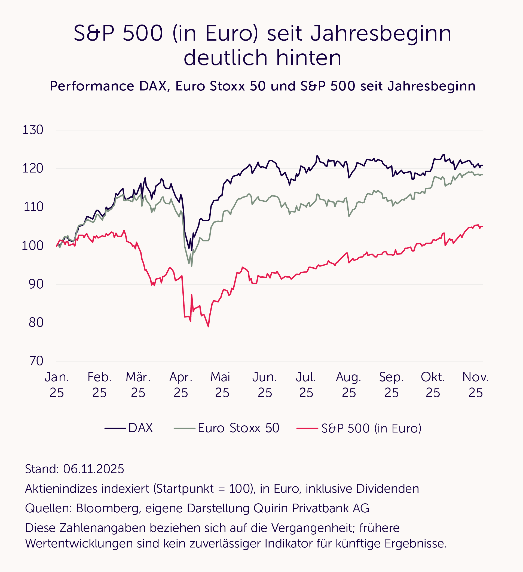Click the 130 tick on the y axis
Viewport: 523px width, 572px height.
coord(33,130)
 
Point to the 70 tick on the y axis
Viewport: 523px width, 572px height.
coord(36,361)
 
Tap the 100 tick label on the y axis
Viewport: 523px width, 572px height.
coord(33,246)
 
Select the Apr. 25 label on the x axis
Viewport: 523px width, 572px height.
coord(181,385)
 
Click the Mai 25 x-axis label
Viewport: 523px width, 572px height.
coord(220,385)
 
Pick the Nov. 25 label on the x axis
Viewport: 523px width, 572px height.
coord(475,385)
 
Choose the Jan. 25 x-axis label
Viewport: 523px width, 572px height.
coord(57,385)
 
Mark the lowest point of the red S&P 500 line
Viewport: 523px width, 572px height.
coord(208,327)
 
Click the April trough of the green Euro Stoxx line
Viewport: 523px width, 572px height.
coord(192,266)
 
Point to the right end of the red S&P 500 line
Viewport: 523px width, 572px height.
coord(482,226)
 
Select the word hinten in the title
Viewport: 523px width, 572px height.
coord(309,58)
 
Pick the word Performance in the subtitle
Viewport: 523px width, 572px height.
coord(92,86)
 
